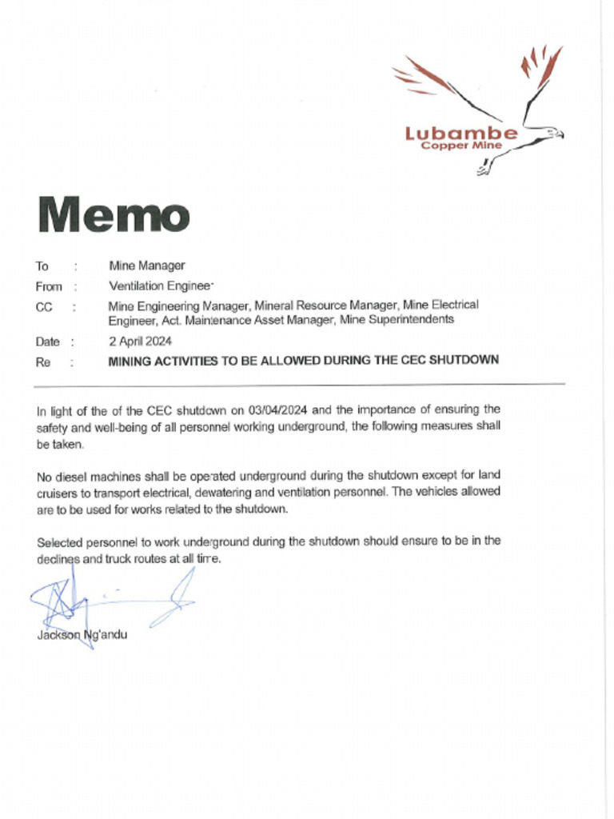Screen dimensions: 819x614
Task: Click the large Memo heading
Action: tap(113, 214)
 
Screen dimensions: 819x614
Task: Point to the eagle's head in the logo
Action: tap(552, 133)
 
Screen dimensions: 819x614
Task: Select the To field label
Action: tap(42, 266)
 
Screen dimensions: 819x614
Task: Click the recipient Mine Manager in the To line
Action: tap(146, 266)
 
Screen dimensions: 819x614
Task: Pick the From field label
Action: tap(48, 286)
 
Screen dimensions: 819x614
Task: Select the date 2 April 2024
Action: tap(142, 341)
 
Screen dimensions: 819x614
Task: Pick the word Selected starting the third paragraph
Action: tap(59, 541)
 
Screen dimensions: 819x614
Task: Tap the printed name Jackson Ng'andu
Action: tap(82, 635)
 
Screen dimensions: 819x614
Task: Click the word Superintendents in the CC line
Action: tap(414, 320)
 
